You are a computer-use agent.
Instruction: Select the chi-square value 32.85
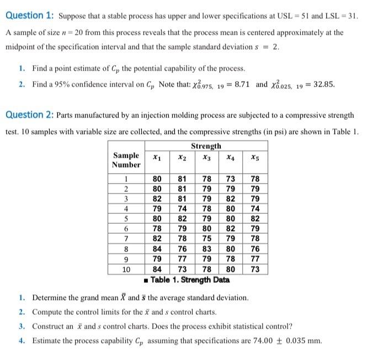coord(322,85)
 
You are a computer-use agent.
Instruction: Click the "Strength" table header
coord(206,146)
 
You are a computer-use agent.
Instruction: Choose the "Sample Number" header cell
coord(126,160)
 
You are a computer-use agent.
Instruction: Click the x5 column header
coord(254,157)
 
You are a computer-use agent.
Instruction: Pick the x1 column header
coord(157,157)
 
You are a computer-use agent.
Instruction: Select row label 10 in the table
coord(126,270)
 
